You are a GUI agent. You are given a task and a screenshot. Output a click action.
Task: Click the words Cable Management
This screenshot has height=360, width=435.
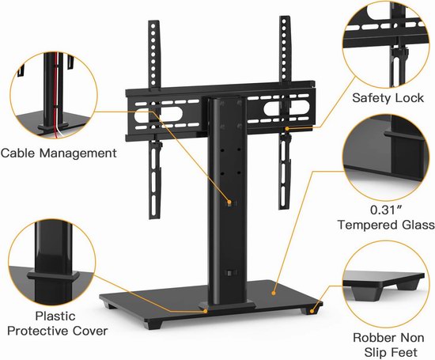point(59,153)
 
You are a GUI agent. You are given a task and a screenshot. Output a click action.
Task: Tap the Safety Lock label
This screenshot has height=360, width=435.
point(388,98)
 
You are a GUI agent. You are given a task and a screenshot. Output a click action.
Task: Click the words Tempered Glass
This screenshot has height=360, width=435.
point(386,225)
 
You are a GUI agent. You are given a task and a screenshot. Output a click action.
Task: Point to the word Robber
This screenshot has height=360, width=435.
point(372,338)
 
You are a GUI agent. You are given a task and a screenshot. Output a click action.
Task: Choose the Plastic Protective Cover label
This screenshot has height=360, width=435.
point(58,324)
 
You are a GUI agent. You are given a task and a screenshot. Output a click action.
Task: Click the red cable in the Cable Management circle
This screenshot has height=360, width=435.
point(56,94)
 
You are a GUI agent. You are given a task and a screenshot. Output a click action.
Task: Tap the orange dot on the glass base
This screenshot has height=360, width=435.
point(274,293)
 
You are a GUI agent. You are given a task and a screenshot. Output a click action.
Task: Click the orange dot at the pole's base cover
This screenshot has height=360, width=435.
point(206,312)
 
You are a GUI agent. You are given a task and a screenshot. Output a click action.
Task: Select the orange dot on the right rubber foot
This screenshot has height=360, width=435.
point(312,312)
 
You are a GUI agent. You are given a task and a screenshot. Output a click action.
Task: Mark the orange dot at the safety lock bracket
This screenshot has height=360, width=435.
point(287,128)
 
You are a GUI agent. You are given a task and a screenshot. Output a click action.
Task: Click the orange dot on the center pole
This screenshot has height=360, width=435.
point(229,202)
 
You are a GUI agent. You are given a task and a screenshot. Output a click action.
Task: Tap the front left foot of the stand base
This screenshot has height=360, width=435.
point(153,324)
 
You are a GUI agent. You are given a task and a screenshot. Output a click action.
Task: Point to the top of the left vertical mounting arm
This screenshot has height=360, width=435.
point(153,21)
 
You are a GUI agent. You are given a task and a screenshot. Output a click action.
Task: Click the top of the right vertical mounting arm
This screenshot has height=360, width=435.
point(285,17)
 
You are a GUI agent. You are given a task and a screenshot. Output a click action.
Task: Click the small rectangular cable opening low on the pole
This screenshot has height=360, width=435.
point(230,273)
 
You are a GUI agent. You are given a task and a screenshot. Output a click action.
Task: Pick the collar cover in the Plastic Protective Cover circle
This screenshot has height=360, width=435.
point(53,275)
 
